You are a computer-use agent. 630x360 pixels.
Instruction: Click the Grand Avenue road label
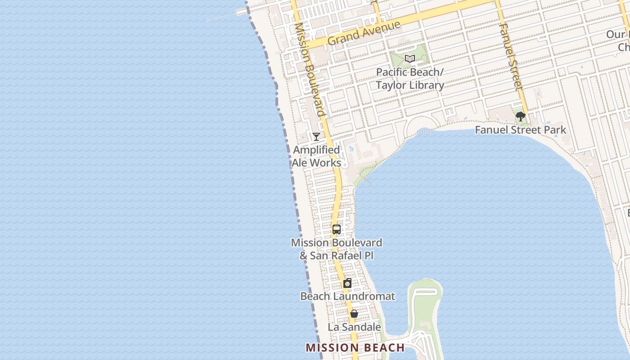tap(364, 32)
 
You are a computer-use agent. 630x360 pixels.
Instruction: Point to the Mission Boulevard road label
tap(309, 70)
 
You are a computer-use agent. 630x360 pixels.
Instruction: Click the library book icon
tap(409, 59)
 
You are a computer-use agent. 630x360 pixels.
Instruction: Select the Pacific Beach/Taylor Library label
tap(410, 79)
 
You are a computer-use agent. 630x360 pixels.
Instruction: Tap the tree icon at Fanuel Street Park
tap(521, 117)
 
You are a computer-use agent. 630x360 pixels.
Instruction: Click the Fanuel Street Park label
tap(521, 130)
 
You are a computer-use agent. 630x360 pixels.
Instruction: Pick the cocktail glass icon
tap(316, 136)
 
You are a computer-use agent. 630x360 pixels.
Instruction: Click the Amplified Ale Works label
tap(316, 156)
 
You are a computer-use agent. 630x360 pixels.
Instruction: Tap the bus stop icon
tap(337, 229)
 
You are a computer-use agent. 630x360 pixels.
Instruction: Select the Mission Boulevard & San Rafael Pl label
tap(337, 249)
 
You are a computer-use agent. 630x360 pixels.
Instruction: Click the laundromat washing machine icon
tap(347, 283)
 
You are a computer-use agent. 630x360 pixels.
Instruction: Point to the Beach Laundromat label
tap(347, 296)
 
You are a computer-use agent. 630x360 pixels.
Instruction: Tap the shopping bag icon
tap(354, 314)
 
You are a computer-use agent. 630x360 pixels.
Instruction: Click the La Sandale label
tap(354, 327)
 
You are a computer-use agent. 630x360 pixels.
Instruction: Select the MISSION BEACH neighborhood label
tap(355, 347)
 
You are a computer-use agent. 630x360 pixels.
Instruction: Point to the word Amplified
tap(316, 150)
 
